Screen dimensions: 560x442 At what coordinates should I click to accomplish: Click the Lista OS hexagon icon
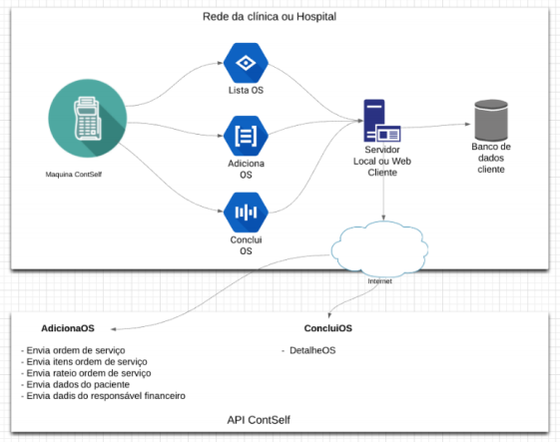[x=246, y=63]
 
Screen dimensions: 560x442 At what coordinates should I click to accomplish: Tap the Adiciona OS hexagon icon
[x=246, y=136]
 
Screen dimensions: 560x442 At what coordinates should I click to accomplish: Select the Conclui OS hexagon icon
[x=246, y=213]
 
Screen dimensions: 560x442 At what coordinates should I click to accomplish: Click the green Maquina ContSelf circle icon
[x=88, y=118]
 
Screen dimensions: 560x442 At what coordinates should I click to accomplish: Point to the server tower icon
[x=381, y=121]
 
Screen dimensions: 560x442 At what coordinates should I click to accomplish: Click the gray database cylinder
[x=491, y=120]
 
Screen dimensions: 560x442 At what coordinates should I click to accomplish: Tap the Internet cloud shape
[x=379, y=248]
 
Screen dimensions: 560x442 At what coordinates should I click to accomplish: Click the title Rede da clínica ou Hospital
[x=270, y=16]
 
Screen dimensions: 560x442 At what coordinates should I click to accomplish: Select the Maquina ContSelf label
[x=74, y=175]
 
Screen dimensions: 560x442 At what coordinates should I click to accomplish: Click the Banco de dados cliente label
[x=491, y=158]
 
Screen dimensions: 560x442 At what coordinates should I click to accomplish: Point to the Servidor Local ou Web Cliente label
[x=382, y=161]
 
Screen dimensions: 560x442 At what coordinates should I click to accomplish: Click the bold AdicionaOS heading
[x=68, y=328]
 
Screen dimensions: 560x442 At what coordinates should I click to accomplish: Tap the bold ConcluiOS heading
[x=328, y=328]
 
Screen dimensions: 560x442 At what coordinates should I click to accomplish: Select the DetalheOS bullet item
[x=312, y=350]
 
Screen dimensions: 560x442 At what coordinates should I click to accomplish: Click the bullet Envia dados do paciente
[x=78, y=384]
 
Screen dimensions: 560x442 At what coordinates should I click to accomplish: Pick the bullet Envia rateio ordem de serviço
[x=89, y=373]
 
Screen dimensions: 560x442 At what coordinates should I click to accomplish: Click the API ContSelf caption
[x=259, y=420]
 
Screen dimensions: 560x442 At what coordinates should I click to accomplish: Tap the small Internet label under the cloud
[x=379, y=281]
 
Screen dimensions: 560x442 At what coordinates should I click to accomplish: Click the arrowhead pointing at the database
[x=467, y=124]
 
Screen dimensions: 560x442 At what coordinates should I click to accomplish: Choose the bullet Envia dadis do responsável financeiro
[x=106, y=396]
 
